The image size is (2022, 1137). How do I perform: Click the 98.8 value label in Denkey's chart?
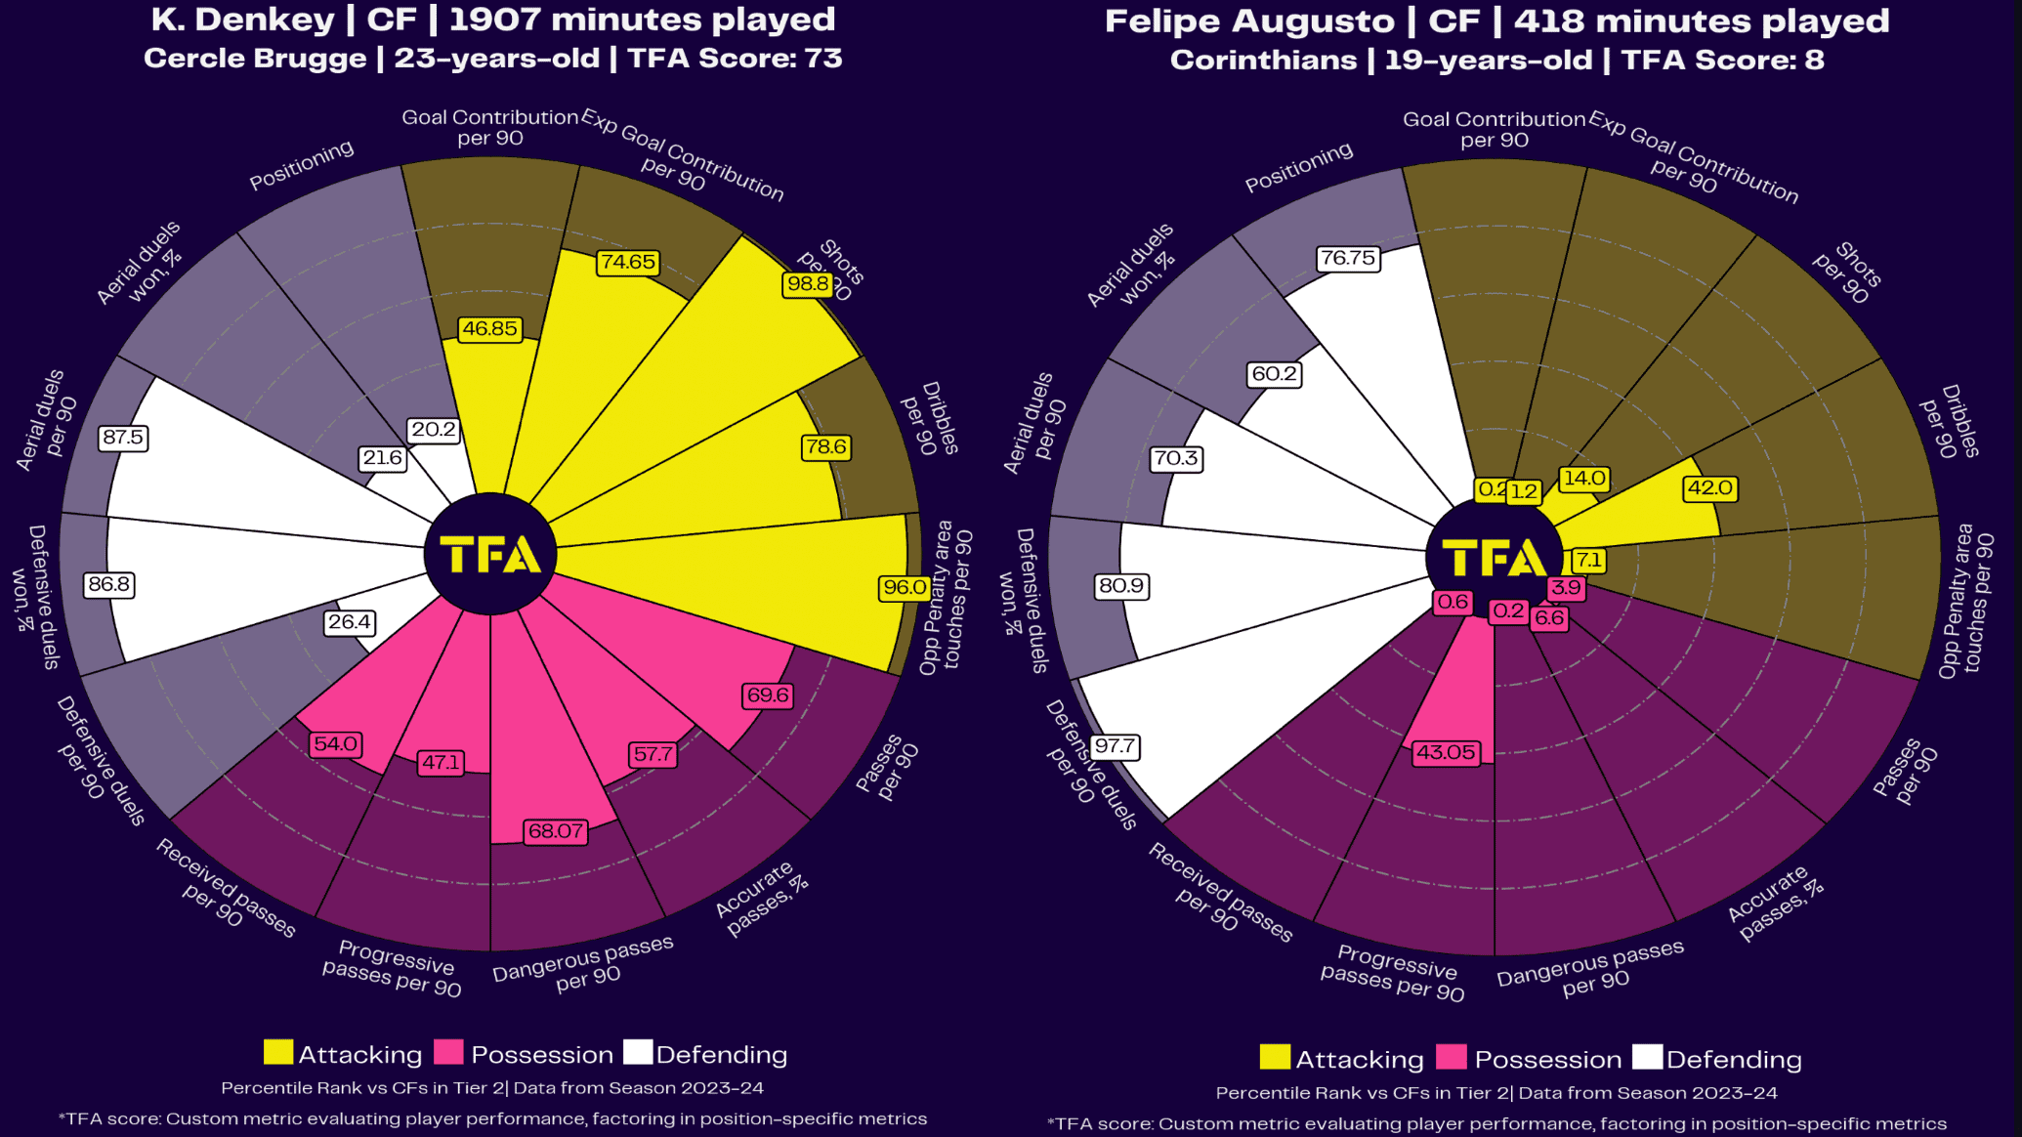(808, 284)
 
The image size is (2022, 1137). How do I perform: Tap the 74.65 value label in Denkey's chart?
(628, 262)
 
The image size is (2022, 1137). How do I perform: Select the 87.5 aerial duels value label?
(123, 438)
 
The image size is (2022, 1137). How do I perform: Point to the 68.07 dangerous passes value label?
(556, 831)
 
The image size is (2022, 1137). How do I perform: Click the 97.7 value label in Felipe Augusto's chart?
(1115, 746)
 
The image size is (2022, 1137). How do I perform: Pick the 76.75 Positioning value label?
(1348, 258)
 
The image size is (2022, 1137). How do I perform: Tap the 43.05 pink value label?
(1446, 752)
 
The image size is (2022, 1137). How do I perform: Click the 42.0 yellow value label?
(1709, 487)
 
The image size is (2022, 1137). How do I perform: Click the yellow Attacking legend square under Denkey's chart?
(278, 1052)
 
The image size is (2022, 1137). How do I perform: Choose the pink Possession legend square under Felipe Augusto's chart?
(1452, 1057)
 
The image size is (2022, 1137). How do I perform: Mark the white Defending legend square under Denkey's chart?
(638, 1052)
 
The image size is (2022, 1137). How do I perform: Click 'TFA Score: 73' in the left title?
(735, 59)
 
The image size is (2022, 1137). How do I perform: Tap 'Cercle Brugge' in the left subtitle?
(255, 59)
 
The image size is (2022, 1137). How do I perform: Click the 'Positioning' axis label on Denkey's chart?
(301, 165)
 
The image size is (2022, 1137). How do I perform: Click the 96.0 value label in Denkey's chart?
(905, 587)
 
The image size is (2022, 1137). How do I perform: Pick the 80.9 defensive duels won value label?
(1121, 585)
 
